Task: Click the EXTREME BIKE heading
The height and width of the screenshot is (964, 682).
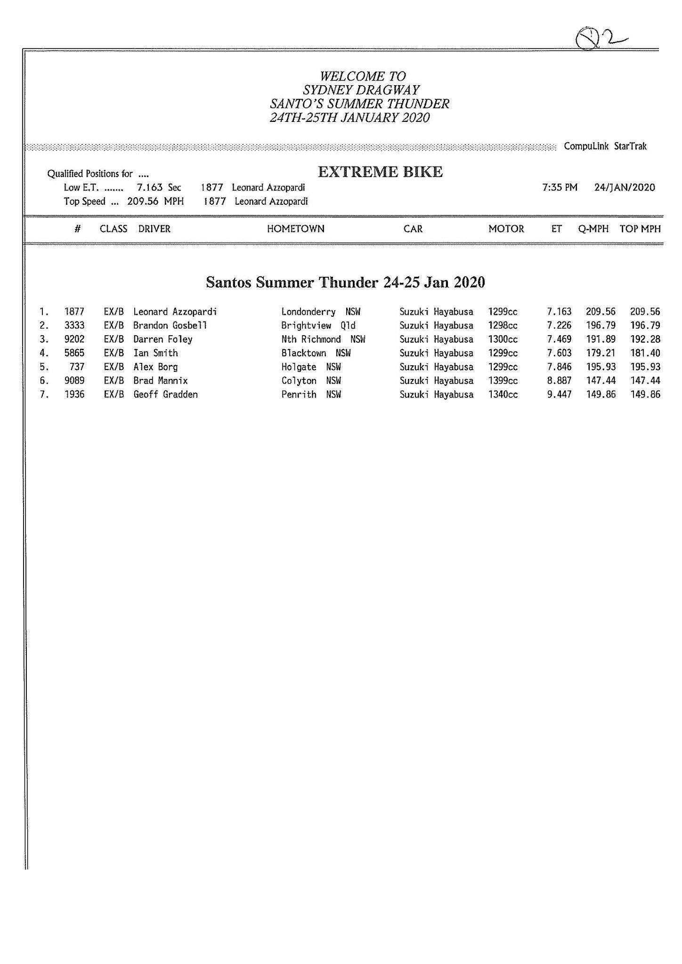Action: click(x=380, y=172)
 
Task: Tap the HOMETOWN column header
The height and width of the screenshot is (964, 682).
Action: click(x=295, y=229)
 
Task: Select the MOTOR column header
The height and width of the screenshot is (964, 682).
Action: click(x=506, y=229)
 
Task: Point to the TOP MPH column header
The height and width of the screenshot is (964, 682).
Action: click(x=640, y=229)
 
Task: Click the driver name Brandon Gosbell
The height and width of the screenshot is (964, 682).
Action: click(x=170, y=325)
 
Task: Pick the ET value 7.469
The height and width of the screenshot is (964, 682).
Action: click(x=559, y=339)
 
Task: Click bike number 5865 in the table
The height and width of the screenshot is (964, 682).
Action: click(x=74, y=353)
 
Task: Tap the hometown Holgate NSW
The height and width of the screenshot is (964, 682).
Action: click(x=311, y=367)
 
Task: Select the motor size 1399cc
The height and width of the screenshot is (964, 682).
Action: click(x=503, y=380)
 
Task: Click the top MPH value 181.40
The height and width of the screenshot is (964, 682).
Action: click(x=645, y=353)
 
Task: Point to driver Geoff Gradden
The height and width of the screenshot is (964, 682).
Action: click(x=165, y=394)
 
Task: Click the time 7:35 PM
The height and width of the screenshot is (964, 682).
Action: click(x=560, y=187)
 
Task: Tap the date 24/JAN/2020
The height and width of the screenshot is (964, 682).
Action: click(x=625, y=187)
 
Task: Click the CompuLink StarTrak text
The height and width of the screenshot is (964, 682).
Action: click(x=605, y=146)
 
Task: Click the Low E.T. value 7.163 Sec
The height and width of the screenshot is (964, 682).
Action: click(x=159, y=187)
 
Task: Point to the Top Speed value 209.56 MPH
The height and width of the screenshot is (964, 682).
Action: click(x=155, y=201)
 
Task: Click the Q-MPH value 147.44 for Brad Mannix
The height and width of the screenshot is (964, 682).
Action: click(x=601, y=380)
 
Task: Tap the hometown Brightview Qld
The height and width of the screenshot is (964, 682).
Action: click(x=318, y=325)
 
